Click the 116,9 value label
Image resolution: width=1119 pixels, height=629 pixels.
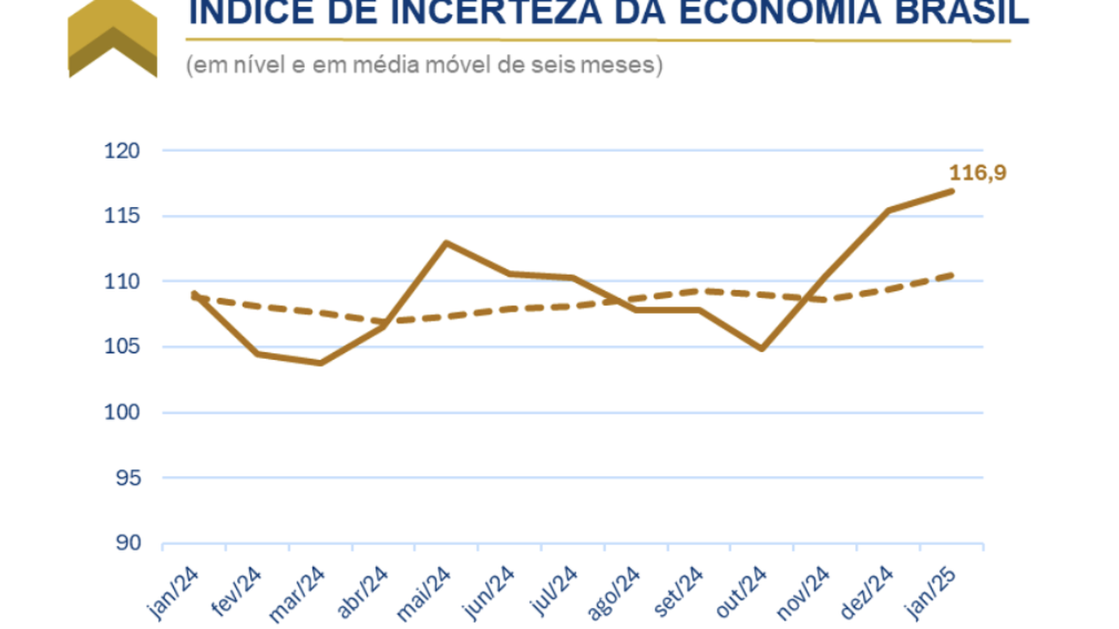click(x=977, y=172)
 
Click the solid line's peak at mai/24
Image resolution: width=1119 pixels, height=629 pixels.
click(x=446, y=243)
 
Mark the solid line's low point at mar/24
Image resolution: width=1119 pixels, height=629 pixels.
click(x=320, y=363)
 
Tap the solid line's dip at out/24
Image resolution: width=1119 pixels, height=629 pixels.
click(x=761, y=349)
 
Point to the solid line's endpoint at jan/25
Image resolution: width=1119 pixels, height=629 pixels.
click(x=951, y=191)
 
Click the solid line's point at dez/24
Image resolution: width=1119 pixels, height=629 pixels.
click(x=888, y=211)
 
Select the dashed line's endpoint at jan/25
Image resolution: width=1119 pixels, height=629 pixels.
click(x=951, y=275)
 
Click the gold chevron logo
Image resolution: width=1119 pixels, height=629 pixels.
click(x=112, y=39)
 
